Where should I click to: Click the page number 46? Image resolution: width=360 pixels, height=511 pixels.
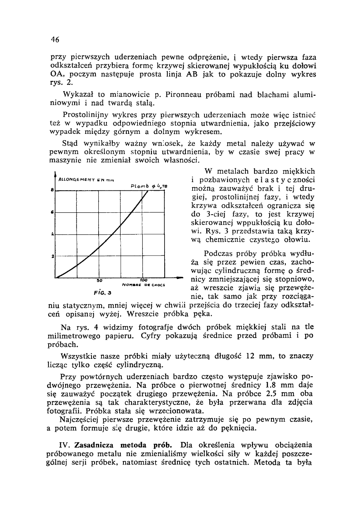point(55,39)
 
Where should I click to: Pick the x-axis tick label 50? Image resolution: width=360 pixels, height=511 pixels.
point(100,280)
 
